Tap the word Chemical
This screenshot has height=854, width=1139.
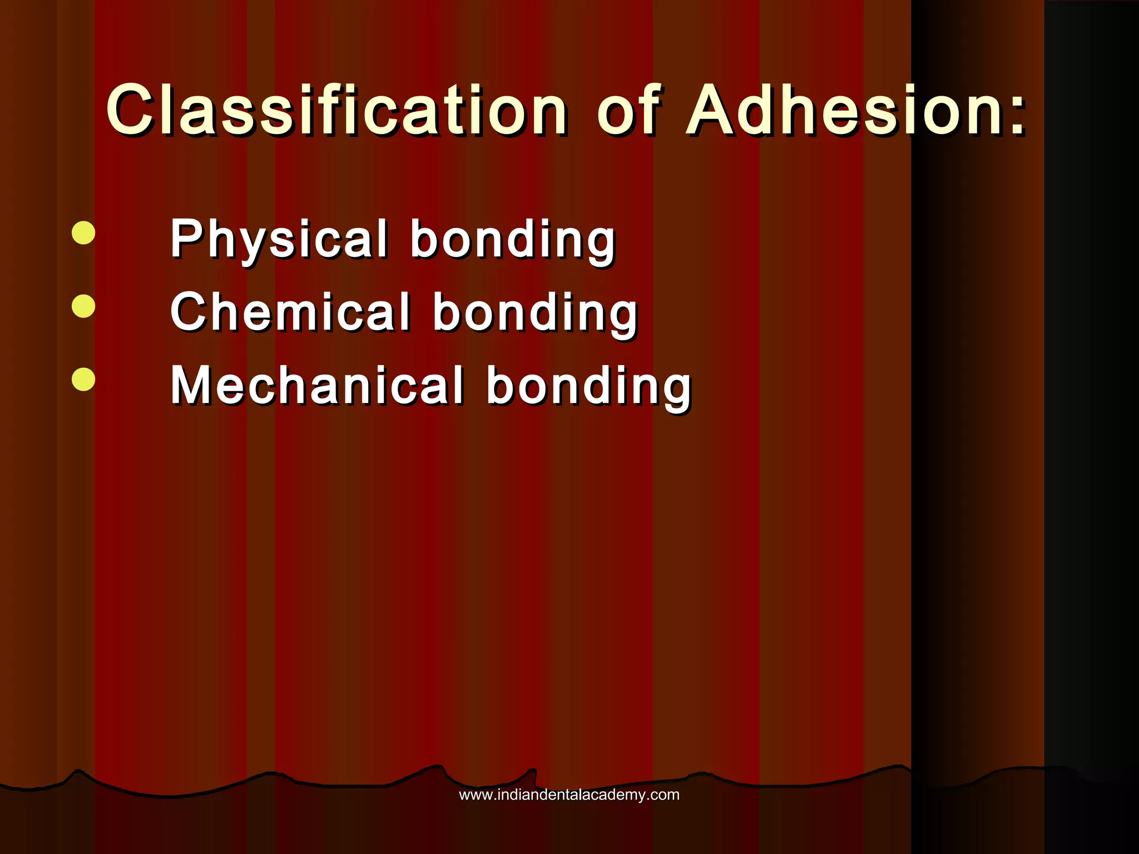coord(290,312)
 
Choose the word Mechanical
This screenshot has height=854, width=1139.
coord(316,386)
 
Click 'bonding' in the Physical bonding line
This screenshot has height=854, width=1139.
coord(512,240)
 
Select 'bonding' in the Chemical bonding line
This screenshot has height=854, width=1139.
coord(535,314)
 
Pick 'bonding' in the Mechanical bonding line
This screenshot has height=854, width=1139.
coord(588,387)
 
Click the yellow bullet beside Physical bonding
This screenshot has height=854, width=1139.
coord(83,233)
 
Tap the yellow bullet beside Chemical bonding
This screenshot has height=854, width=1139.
coord(83,306)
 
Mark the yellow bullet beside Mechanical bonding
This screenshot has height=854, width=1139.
coord(83,379)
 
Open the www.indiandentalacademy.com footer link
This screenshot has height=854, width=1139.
coord(569,795)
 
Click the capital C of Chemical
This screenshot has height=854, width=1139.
coord(189,312)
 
